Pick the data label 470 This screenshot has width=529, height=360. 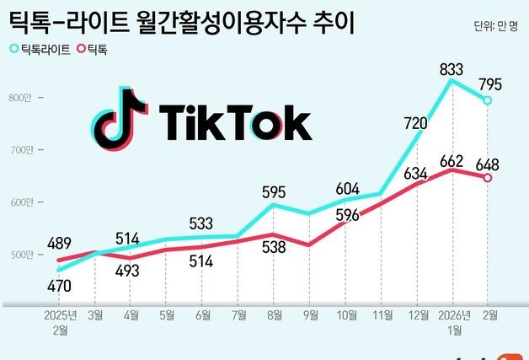[58, 286]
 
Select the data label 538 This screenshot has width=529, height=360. [274, 248]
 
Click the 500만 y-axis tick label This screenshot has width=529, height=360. [19, 254]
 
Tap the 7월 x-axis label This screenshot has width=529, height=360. [238, 316]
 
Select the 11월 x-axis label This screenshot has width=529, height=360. [380, 316]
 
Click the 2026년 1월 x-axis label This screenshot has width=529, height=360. [454, 321]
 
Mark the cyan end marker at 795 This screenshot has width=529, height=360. [487, 100]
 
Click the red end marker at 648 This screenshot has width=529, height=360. [487, 177]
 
